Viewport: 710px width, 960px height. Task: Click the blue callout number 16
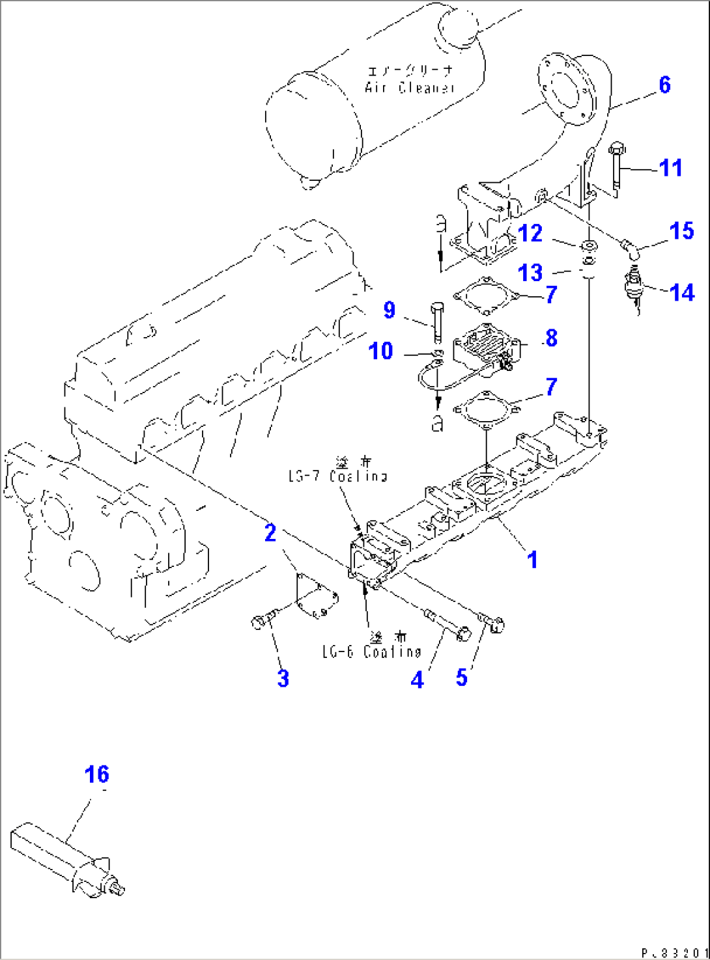pos(96,775)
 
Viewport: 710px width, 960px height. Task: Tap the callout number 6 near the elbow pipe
pos(664,85)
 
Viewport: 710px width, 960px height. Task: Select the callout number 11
pos(670,168)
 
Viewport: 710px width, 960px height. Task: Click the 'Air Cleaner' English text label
pos(409,87)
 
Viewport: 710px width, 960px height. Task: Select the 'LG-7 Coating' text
pos(337,476)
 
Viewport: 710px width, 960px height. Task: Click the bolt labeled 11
pos(616,171)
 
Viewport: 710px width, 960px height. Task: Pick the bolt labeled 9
pos(436,322)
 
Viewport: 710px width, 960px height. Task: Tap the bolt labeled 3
pos(263,620)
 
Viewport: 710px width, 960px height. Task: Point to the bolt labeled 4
pos(447,625)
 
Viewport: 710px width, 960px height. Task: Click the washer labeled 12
pos(589,246)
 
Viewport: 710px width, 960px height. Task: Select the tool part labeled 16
pos(65,859)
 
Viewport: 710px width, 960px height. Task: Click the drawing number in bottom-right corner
pos(674,953)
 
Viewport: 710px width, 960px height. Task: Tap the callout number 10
pos(381,351)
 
